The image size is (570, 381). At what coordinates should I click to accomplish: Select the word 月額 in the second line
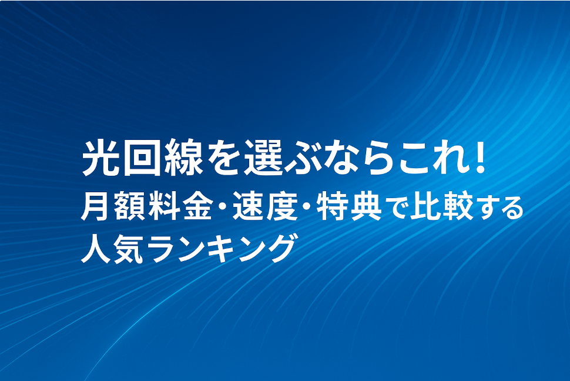click(x=112, y=207)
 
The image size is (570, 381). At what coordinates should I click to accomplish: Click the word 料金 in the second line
click(x=180, y=207)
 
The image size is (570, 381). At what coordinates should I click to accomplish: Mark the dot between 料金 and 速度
click(x=222, y=207)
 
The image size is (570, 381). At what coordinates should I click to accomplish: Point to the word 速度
click(x=265, y=207)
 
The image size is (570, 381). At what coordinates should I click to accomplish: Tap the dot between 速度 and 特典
click(x=307, y=207)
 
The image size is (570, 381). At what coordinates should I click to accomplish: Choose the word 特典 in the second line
click(x=349, y=207)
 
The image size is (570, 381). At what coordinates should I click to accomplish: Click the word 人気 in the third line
click(x=112, y=249)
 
